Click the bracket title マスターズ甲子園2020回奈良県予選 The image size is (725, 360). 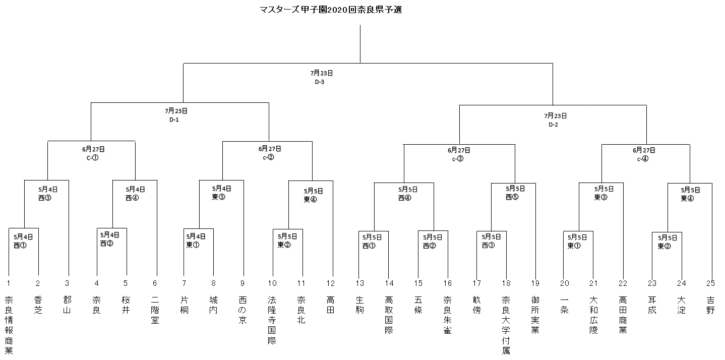pos(331,10)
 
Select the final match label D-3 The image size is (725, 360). pos(320,82)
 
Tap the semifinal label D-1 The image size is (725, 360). pos(174,120)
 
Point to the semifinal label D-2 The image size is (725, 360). pos(553,125)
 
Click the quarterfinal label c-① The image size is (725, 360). pos(93,158)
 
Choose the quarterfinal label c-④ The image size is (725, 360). pos(643,159)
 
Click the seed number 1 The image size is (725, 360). pos(9,283)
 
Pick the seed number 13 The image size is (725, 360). pos(360,283)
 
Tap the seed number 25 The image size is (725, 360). pos(710,283)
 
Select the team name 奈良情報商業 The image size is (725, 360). pos(9,325)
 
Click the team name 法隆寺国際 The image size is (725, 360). pos(272,320)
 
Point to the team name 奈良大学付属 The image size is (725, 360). pos(506,325)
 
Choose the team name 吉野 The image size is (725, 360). pos(710,305)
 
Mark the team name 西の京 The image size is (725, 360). pos(243,310)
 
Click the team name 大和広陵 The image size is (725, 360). pos(593,315)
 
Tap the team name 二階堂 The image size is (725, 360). pos(155,310)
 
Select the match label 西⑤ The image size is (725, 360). pos(512,197)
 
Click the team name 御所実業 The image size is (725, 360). pos(535,315)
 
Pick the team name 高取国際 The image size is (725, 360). pos(389,315)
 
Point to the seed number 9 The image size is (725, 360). pos(243,283)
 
